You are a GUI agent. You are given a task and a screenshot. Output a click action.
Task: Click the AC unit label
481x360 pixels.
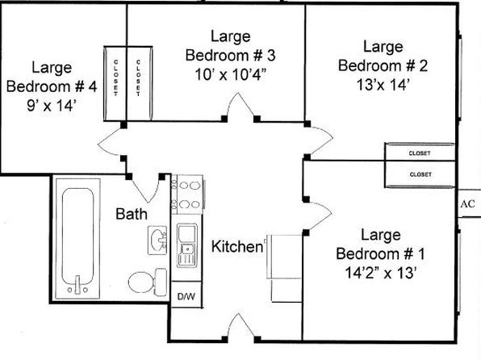(467, 203)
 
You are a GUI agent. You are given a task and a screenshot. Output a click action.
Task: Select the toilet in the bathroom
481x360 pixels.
(148, 282)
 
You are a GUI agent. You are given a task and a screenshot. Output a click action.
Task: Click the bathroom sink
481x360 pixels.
(157, 241)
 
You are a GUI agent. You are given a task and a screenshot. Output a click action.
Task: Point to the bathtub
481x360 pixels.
(77, 238)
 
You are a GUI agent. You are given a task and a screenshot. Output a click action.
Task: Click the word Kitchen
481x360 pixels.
(237, 246)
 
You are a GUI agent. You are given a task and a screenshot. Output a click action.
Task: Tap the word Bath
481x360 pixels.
(132, 214)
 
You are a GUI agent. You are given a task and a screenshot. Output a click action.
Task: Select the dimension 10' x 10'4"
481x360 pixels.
(230, 74)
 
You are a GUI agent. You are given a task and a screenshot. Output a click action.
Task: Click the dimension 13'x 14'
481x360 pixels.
(383, 85)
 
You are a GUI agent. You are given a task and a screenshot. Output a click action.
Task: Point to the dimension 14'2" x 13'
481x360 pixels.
(381, 273)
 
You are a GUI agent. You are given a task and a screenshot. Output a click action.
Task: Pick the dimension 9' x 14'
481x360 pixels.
(51, 106)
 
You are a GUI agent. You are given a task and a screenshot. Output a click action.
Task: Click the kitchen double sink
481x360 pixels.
(187, 245)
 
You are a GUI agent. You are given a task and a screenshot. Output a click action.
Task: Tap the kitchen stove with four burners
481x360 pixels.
(187, 195)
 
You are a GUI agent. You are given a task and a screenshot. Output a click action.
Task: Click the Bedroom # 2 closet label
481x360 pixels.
(420, 153)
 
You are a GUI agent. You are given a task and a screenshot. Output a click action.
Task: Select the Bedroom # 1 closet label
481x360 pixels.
(420, 174)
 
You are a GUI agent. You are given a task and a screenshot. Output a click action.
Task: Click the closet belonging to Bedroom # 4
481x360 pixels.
(115, 83)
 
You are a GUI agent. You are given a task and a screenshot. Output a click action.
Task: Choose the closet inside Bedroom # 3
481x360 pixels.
(139, 83)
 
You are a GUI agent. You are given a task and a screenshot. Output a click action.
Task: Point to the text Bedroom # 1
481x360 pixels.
(381, 254)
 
